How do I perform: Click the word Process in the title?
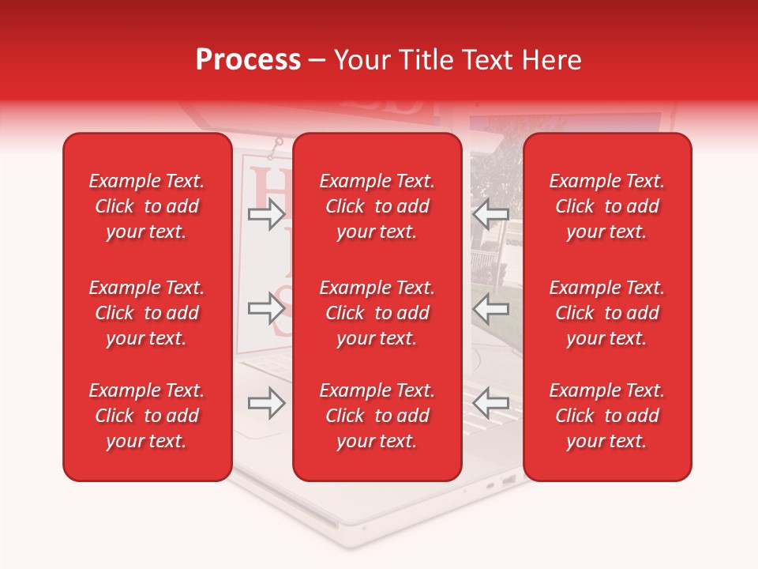[248, 60]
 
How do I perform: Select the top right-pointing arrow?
[267, 213]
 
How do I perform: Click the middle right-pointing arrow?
[267, 307]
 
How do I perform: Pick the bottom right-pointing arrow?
[267, 404]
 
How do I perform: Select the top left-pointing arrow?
[491, 213]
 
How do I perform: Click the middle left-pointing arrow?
[491, 307]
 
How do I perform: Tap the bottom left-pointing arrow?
[491, 402]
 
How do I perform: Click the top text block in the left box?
[147, 206]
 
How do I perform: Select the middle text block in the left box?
[147, 313]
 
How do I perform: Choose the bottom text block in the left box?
[147, 416]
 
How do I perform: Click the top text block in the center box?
[377, 206]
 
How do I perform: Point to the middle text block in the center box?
[377, 313]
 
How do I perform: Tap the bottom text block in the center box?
[377, 416]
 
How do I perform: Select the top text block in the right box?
[606, 206]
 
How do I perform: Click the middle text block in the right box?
[606, 313]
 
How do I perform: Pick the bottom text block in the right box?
[606, 416]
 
